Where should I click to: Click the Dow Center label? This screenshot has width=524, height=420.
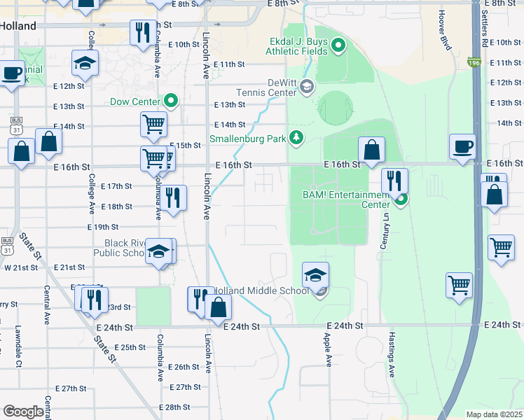(136, 101)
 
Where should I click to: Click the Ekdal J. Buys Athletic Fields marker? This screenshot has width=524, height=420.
(339, 47)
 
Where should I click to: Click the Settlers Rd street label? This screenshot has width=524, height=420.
(485, 28)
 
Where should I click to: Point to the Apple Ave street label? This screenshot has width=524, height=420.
(327, 349)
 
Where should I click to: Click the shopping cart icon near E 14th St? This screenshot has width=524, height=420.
(153, 125)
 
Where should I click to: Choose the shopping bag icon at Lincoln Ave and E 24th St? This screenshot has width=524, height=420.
(219, 307)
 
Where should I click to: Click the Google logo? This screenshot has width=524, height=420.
(24, 412)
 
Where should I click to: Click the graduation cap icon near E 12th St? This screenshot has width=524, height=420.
(85, 64)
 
